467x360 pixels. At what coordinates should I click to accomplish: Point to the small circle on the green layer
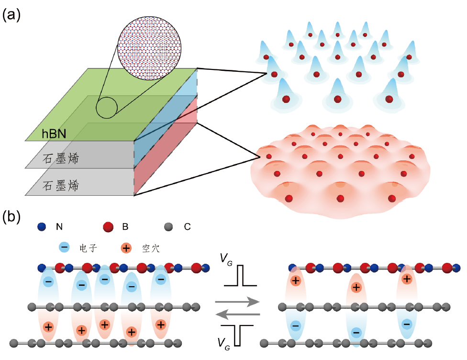click(x=106, y=108)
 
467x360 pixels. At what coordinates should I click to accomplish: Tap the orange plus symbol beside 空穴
click(x=126, y=248)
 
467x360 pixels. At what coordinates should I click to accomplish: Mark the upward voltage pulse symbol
click(x=242, y=277)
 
